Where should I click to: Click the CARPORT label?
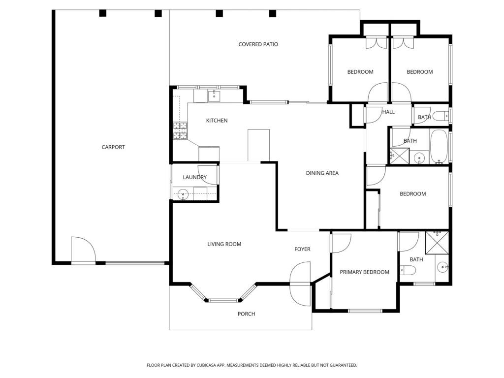(113, 147)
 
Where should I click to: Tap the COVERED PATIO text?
(258, 44)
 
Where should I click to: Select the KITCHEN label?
(217, 121)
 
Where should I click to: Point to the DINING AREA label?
(322, 173)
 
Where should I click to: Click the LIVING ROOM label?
(224, 244)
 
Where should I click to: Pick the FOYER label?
(303, 249)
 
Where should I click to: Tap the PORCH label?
(246, 314)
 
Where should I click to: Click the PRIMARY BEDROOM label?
(365, 272)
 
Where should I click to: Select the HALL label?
(388, 112)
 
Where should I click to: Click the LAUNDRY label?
(195, 177)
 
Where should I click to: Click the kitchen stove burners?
(180, 131)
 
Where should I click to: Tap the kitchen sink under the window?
(214, 96)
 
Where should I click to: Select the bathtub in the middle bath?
(439, 147)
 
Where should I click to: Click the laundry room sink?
(183, 194)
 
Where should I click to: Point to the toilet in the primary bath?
(408, 271)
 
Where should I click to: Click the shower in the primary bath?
(437, 242)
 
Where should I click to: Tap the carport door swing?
(83, 250)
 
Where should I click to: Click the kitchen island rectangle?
(258, 145)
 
